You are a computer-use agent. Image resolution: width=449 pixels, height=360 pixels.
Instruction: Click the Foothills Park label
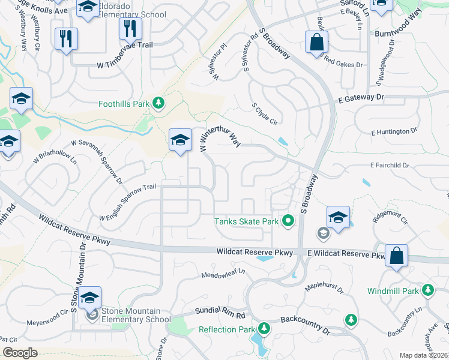point(124,104)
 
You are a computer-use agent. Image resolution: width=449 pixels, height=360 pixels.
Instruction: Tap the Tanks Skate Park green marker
point(288,221)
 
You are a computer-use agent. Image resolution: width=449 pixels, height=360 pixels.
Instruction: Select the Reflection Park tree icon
point(264,328)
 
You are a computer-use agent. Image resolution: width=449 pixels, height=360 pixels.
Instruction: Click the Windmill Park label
point(393,292)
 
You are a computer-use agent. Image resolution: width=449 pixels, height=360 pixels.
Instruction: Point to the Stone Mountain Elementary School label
point(131,315)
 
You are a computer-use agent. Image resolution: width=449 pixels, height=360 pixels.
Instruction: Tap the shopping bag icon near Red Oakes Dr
point(316,43)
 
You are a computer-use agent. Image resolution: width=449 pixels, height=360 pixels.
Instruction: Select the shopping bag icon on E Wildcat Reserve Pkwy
point(397,255)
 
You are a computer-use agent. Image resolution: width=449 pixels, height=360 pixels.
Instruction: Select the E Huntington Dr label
point(394,131)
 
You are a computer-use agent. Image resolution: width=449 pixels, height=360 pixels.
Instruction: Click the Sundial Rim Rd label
point(221,314)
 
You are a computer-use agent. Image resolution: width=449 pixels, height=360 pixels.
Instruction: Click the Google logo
point(20,353)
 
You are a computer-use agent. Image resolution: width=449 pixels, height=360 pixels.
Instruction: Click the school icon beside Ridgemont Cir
point(339,218)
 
